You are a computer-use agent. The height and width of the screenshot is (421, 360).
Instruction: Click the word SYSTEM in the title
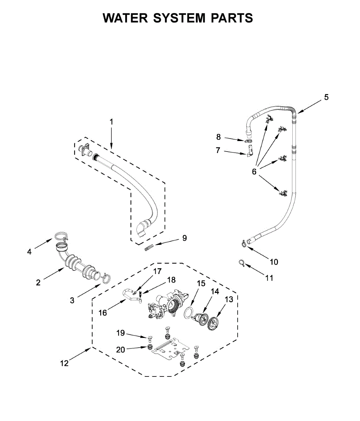pos(179,18)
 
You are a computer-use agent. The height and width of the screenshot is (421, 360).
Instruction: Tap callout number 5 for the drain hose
pos(326,98)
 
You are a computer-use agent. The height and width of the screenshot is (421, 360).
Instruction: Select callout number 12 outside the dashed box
pos(64,363)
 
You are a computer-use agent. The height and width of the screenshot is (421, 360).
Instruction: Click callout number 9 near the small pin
pos(184,239)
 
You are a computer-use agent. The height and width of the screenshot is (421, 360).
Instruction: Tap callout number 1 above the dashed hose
pos(111,122)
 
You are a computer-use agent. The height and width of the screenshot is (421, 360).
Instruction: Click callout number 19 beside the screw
pos(121,333)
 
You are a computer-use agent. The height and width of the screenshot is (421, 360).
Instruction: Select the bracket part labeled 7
pos(249,153)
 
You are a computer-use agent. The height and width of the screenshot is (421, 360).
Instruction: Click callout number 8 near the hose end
pos(219,137)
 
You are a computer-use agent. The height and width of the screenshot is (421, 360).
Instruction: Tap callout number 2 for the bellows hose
pos(38,282)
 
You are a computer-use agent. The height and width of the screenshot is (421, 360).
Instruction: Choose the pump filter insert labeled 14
pos(200,318)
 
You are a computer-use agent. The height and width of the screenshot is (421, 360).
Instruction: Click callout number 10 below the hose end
pos(274,262)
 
